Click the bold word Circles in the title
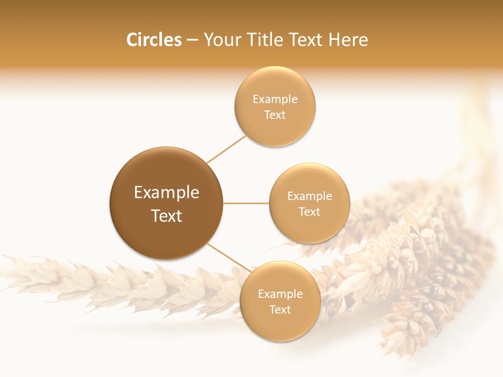pyautogui.click(x=154, y=40)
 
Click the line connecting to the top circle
pyautogui.click(x=226, y=149)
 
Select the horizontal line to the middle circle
pyautogui.click(x=246, y=203)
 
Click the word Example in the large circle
pyautogui.click(x=167, y=193)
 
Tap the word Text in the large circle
pyautogui.click(x=167, y=216)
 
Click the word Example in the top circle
pyautogui.click(x=275, y=99)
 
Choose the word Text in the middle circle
pyautogui.click(x=309, y=212)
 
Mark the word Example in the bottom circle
pyautogui.click(x=280, y=294)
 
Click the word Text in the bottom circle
pyautogui.click(x=280, y=309)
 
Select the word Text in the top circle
pyautogui.click(x=275, y=115)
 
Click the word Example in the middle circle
pyautogui.click(x=310, y=196)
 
